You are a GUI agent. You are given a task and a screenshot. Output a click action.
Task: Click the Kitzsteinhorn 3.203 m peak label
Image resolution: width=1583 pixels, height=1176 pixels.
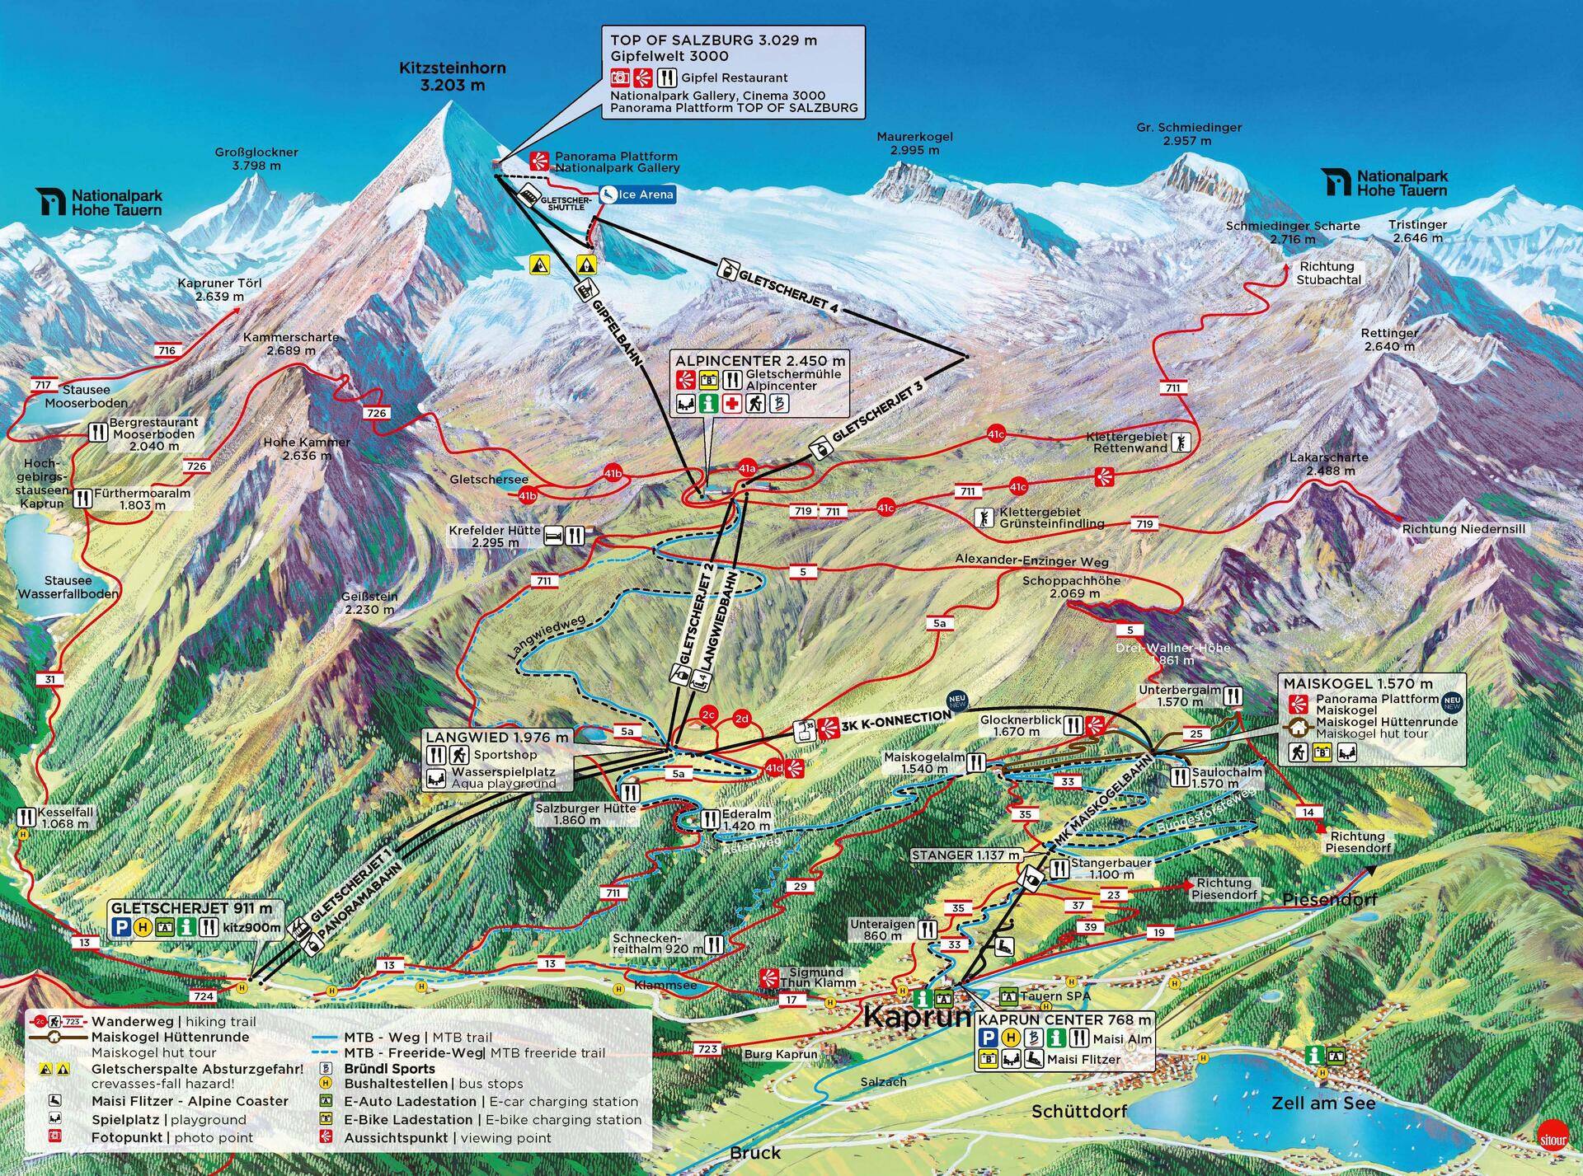coord(452,77)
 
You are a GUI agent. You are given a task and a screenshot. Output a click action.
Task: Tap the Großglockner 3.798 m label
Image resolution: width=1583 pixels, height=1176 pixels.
coord(256,159)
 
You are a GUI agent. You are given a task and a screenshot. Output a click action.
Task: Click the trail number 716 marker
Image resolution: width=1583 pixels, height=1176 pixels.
coord(167,350)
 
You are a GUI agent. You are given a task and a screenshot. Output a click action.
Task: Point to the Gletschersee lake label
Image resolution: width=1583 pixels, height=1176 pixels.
coord(489,479)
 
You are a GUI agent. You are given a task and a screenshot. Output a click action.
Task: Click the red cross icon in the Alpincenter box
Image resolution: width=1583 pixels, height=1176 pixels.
coord(731,404)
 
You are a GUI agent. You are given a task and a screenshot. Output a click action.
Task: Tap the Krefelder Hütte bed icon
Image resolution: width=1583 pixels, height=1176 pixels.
coord(553,536)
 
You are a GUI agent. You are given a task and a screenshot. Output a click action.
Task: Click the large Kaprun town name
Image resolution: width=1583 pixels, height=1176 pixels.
coord(917,1016)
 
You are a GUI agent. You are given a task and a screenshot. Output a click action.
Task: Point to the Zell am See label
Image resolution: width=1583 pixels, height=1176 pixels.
coord(1323,1103)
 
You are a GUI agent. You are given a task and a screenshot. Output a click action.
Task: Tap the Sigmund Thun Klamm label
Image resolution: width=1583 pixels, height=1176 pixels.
coord(816,977)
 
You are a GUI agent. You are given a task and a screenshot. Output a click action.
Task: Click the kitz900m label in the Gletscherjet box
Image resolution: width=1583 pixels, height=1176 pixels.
coord(252,928)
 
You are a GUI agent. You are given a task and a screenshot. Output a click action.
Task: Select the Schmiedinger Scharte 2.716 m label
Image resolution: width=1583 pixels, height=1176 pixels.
coord(1293,232)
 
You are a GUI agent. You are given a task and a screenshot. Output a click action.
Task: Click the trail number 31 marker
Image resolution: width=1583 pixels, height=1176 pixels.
coord(50,680)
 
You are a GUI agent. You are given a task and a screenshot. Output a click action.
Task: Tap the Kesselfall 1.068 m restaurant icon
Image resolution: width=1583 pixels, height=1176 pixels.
coord(27,817)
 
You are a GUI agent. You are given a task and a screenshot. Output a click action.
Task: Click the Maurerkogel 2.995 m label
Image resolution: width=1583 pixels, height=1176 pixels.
coord(914,143)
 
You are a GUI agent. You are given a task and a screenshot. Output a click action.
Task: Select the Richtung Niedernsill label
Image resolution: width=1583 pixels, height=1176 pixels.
coord(1463,529)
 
